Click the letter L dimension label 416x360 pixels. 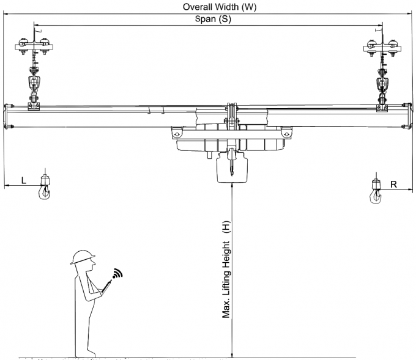[23, 180]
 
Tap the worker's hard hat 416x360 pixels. [81, 256]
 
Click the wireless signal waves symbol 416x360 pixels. [116, 273]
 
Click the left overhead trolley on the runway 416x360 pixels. [35, 46]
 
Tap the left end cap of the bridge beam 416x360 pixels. [7, 116]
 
